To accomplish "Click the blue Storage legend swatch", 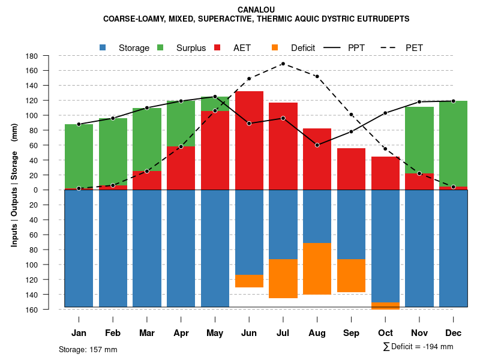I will pos(103,47).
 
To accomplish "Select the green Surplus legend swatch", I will pos(161,47).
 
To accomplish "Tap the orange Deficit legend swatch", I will pos(275,47).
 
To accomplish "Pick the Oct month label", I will pos(385,333).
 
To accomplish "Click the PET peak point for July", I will pos(283,64).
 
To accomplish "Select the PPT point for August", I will pos(317,145).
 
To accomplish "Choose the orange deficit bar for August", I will pos(317,269).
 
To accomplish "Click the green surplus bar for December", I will pos(453,144).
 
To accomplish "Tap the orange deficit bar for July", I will pos(283,278).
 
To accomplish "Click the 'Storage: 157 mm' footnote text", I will pos(88,349).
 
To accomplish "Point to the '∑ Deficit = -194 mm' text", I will pos(418,347).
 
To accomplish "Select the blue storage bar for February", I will pos(113,248).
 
